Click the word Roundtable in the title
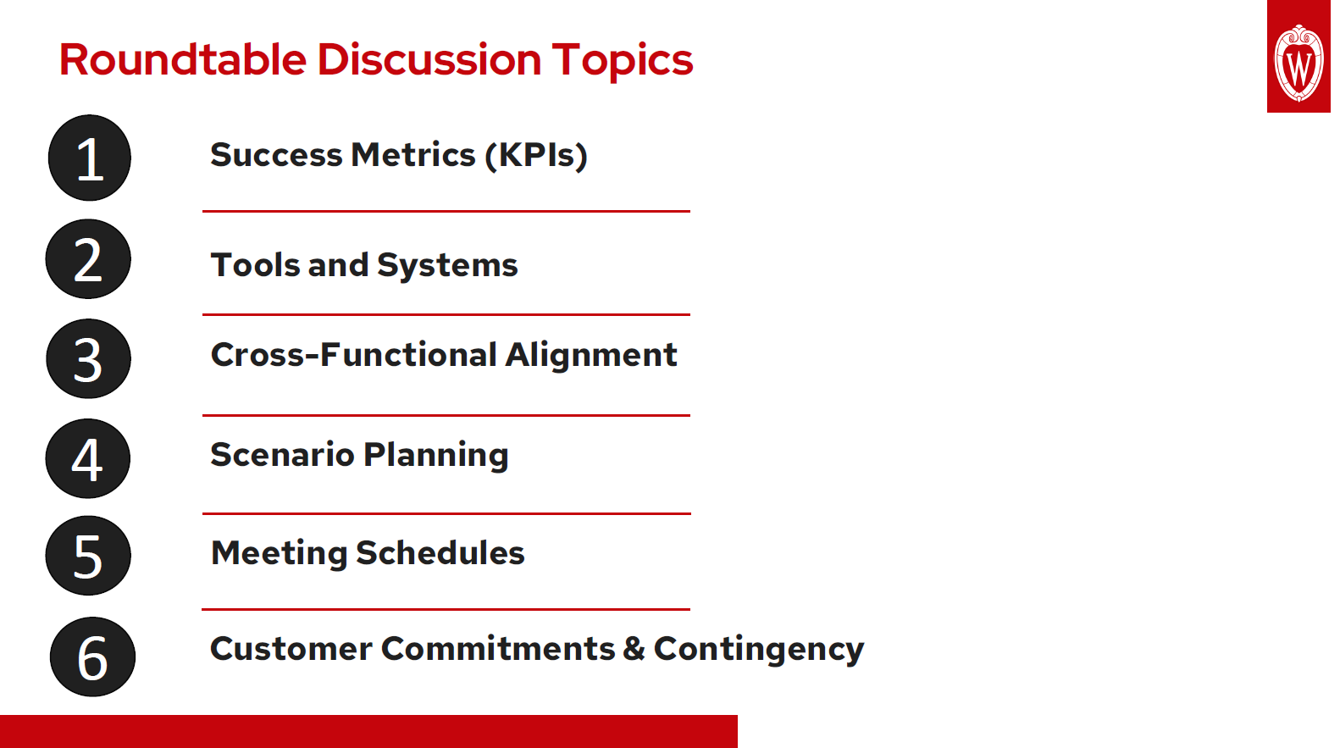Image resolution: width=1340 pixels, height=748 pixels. (x=182, y=60)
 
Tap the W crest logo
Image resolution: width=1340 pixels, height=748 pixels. (x=1298, y=62)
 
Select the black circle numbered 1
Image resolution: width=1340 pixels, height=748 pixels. (x=90, y=158)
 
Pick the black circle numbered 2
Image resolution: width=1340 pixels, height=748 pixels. (x=88, y=259)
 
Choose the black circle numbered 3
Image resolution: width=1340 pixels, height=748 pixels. (x=88, y=359)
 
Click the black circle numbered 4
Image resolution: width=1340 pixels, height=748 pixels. (x=88, y=458)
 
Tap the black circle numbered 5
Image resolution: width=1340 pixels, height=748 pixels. (x=88, y=556)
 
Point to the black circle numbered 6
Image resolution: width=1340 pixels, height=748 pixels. (x=92, y=657)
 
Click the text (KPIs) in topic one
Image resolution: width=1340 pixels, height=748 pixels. (x=536, y=156)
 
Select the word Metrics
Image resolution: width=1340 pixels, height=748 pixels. (x=413, y=155)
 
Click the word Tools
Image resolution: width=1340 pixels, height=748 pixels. (x=255, y=265)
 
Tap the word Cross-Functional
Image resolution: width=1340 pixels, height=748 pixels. (x=353, y=355)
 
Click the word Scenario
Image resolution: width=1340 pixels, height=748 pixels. (x=282, y=455)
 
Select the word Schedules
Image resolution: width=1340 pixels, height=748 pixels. (x=440, y=553)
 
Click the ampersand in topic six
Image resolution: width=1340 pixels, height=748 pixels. (x=634, y=649)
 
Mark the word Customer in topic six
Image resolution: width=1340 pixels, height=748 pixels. (x=291, y=649)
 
